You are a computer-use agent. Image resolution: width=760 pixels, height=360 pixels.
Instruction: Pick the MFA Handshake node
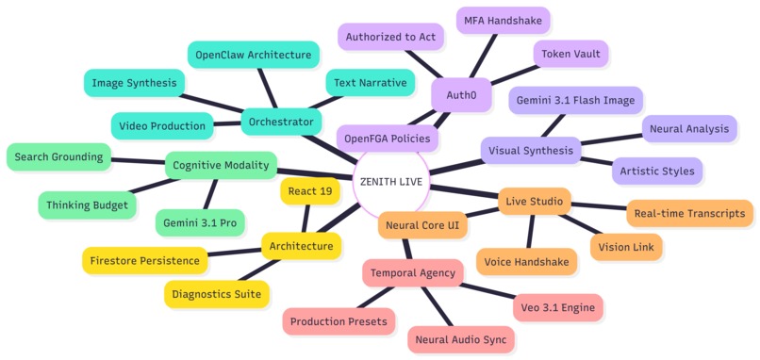[504, 19]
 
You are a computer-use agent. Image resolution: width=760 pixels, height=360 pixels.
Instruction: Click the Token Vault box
[570, 55]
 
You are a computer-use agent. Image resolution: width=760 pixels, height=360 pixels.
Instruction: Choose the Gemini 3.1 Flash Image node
[576, 100]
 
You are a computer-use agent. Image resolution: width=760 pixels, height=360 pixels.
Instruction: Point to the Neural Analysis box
[688, 129]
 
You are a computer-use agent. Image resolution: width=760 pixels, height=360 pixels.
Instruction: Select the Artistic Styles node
[657, 171]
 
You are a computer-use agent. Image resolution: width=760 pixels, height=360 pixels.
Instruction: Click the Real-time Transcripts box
[689, 213]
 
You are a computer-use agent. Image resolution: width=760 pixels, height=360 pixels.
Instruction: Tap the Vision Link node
[626, 247]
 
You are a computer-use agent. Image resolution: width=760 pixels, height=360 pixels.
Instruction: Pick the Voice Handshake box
[526, 262]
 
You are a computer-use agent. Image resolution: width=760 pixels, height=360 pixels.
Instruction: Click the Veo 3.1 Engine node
[558, 306]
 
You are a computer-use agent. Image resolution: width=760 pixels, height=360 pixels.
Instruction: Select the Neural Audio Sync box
[459, 338]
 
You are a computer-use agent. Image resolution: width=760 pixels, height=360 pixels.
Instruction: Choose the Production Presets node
[339, 321]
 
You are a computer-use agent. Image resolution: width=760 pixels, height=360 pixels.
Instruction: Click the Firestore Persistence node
[144, 260]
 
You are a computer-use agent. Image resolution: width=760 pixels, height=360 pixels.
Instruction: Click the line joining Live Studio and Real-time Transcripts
[599, 205]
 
